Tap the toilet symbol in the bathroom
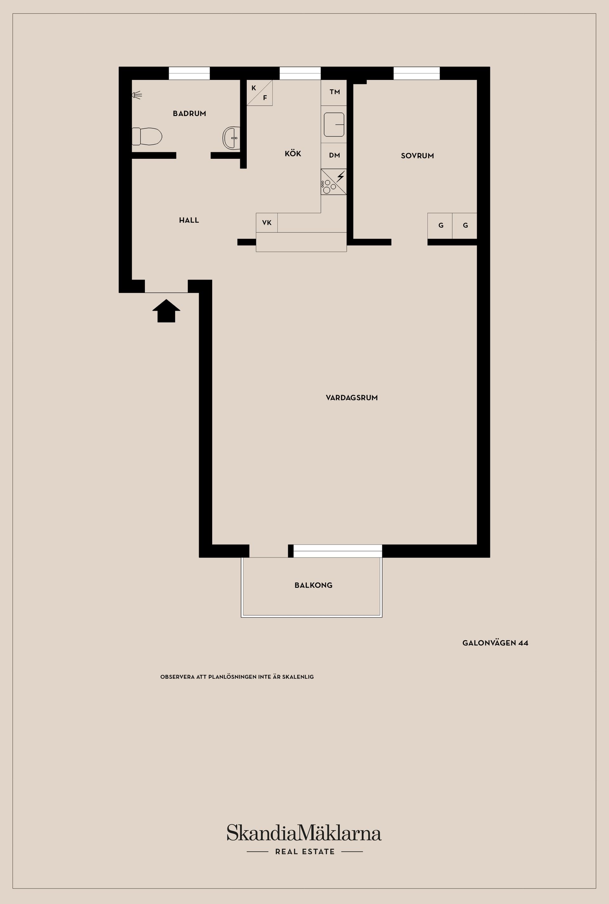click(147, 136)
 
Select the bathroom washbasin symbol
click(231, 137)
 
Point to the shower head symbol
click(137, 94)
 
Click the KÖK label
click(293, 153)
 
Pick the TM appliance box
click(334, 92)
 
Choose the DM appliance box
click(334, 156)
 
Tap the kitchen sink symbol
click(334, 124)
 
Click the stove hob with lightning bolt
click(334, 182)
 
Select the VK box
click(267, 223)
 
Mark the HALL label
click(189, 220)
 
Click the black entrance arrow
click(166, 311)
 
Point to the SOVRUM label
click(417, 156)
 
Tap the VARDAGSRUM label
click(352, 397)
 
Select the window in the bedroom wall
click(416, 73)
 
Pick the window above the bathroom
click(189, 73)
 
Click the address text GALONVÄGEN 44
click(495, 643)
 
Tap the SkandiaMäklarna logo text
click(304, 833)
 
